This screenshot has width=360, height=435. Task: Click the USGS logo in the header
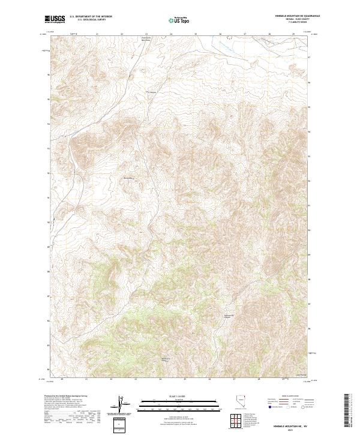click(x=55, y=19)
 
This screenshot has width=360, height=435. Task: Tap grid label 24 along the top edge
click(x=170, y=34)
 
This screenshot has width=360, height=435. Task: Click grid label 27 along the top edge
click(x=244, y=34)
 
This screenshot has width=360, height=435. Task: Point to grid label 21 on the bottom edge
click(x=87, y=379)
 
